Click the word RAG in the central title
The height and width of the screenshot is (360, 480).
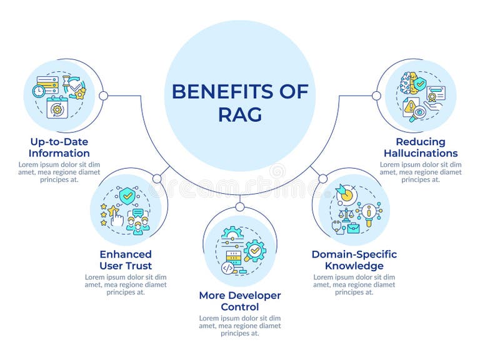[240, 114]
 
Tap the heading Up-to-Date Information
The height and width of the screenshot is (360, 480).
[59, 147]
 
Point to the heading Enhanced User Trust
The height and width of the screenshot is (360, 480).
[126, 260]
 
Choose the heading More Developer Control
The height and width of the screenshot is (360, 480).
[240, 301]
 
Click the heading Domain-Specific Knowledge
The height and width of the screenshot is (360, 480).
[354, 260]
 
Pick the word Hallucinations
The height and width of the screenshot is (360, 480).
[421, 153]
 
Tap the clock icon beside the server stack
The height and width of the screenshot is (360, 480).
[39, 91]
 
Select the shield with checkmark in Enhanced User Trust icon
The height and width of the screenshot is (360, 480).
[127, 196]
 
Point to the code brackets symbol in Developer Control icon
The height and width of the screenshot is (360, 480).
[228, 267]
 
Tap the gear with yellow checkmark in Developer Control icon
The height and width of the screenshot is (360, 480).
[255, 251]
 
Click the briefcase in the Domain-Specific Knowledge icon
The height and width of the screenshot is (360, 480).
[353, 228]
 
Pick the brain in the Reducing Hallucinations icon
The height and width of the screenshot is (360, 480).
[407, 83]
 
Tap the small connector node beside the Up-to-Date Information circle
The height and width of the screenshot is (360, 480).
[104, 96]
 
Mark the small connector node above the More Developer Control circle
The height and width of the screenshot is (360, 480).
[240, 206]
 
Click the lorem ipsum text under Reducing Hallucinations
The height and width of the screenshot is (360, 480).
[421, 172]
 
